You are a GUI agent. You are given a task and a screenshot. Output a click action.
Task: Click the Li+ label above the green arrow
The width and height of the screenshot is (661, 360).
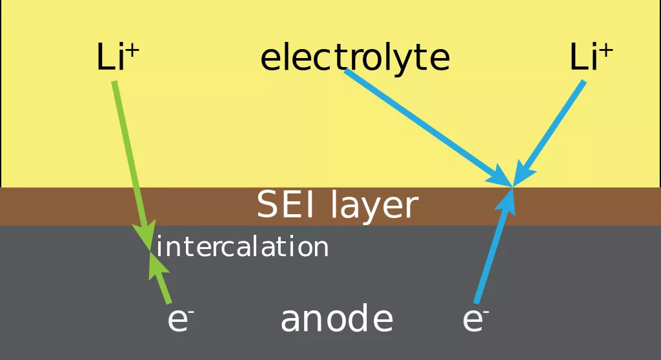tap(117, 58)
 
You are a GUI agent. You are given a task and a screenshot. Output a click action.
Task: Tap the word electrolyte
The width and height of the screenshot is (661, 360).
tap(354, 58)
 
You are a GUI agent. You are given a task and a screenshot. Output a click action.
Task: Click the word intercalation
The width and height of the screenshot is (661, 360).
tap(243, 247)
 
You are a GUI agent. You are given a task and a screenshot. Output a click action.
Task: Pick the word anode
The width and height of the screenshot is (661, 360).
tap(336, 319)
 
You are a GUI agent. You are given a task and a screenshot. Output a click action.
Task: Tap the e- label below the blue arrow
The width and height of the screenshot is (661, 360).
tap(475, 320)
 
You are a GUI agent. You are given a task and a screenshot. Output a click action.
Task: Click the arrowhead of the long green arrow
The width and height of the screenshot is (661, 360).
tap(147, 233)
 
